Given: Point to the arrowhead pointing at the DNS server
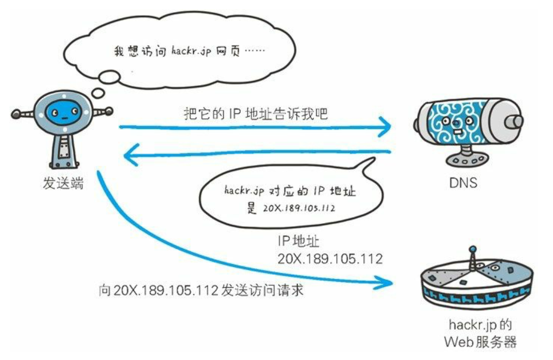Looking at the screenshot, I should point(385,126).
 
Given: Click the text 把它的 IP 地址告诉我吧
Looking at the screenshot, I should point(255,114).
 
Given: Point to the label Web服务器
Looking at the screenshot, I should point(480,342).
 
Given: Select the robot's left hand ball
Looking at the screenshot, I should point(15,114).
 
